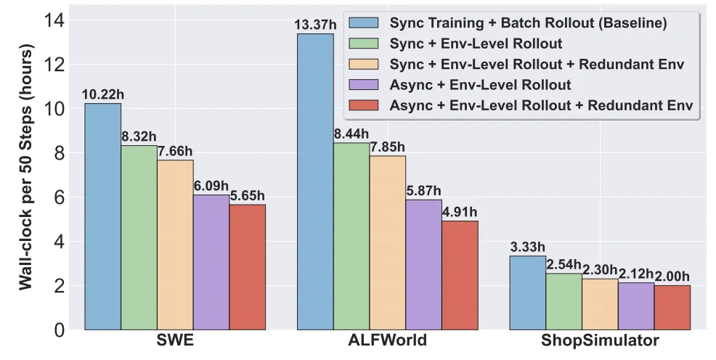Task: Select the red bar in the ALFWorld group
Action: (460, 275)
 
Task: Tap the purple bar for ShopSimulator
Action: (636, 306)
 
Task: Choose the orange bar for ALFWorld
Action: (388, 242)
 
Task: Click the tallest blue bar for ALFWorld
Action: (315, 181)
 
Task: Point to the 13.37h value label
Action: (314, 26)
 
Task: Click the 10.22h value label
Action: (102, 96)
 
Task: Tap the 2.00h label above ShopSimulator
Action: (672, 277)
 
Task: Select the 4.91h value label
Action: (460, 213)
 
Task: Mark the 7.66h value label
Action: (175, 152)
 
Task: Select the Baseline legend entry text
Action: (529, 23)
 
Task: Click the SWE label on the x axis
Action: (175, 342)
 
